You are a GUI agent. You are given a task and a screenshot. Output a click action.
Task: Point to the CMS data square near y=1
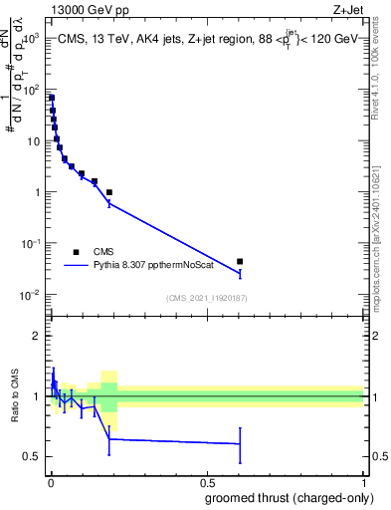click(109, 192)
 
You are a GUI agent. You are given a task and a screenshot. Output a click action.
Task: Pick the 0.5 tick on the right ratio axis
click(376, 456)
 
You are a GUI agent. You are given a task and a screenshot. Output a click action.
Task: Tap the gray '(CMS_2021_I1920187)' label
click(206, 298)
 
